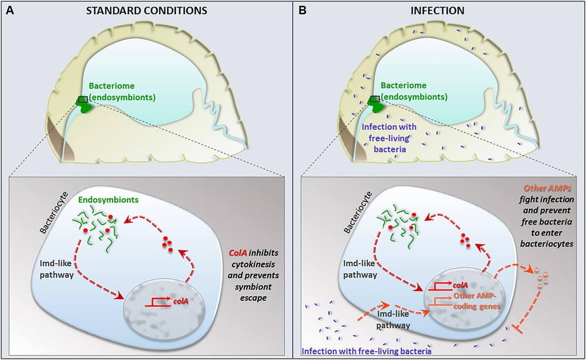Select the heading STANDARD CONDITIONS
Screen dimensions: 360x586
[146, 10]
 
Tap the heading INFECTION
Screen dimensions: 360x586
[438, 10]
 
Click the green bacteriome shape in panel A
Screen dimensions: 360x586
[87, 107]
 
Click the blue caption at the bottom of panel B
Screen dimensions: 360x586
[366, 352]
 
